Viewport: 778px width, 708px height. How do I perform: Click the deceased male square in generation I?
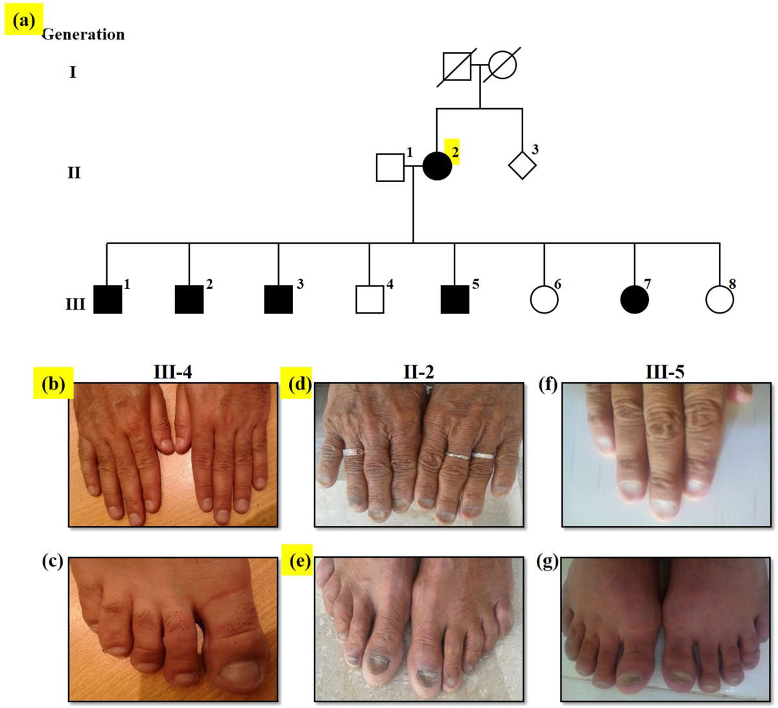coord(458,65)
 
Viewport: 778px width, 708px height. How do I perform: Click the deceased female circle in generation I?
coord(502,65)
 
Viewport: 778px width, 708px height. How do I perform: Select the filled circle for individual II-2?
coord(437,166)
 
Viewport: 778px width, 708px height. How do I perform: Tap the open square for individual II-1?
coord(390,167)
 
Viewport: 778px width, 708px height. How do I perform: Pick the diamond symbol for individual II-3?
coord(522,166)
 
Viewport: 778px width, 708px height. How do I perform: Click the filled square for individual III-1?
coord(108,299)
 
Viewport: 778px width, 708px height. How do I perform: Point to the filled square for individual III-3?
coord(278,299)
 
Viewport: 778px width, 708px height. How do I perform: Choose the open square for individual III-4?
coord(370,299)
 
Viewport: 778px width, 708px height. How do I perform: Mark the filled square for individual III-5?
coord(454,299)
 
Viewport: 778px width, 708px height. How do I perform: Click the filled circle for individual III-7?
coord(634,299)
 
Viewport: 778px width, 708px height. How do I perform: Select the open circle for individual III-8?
coord(719,299)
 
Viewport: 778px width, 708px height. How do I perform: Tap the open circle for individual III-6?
coord(544,299)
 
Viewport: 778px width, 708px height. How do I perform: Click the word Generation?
coord(83,34)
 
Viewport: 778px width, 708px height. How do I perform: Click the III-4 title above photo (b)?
coord(172,372)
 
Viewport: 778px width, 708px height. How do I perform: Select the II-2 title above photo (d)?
coord(418,372)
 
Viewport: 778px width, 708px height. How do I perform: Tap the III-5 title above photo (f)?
coord(665,372)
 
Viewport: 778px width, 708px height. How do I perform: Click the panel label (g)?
coord(548,562)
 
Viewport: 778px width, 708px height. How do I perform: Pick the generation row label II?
coord(74,173)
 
